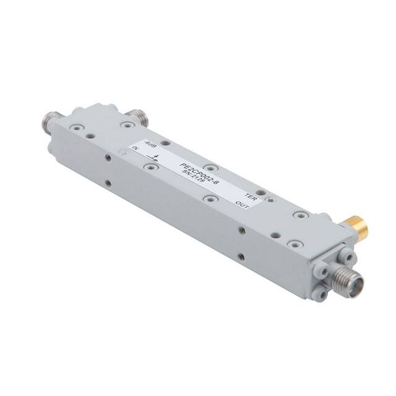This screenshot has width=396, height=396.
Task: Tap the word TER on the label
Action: tap(251, 197)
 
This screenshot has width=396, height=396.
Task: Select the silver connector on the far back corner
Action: tap(135, 114)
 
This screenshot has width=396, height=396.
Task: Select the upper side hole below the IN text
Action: tap(109, 158)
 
